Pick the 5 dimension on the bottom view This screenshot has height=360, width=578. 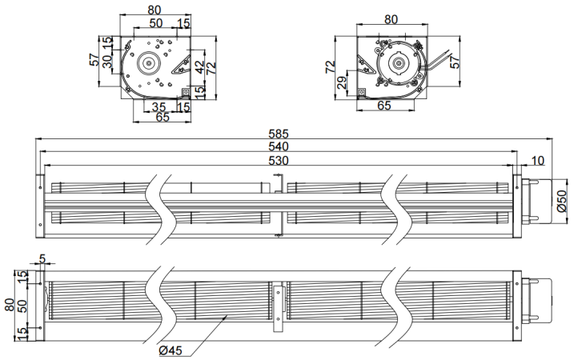[42, 258]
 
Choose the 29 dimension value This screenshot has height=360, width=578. [342, 83]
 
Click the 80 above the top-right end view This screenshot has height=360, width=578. [391, 18]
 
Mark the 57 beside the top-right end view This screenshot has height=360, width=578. [456, 62]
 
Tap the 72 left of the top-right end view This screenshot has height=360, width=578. [329, 66]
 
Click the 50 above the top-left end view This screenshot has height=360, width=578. [156, 23]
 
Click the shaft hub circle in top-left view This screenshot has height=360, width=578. [147, 62]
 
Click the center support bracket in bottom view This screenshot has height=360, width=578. [278, 307]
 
